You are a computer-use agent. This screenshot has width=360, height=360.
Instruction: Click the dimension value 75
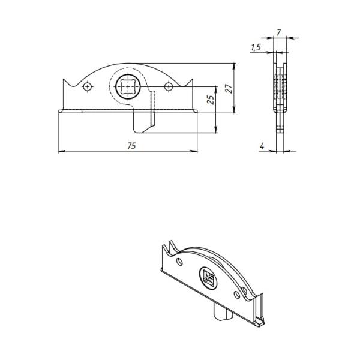pyautogui.click(x=132, y=146)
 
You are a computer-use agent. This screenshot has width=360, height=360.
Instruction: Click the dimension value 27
pyautogui.click(x=229, y=88)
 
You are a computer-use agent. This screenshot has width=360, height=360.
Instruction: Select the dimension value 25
pyautogui.click(x=211, y=99)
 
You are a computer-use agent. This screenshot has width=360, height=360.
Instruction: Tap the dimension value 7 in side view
pyautogui.click(x=278, y=33)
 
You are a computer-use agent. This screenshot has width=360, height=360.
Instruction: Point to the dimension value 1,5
pyautogui.click(x=256, y=47)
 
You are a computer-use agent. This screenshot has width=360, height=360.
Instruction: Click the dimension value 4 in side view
pyautogui.click(x=262, y=146)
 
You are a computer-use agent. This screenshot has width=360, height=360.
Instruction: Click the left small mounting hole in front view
pyautogui.click(x=87, y=87)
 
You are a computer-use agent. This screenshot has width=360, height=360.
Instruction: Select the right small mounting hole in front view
pyautogui.click(x=169, y=86)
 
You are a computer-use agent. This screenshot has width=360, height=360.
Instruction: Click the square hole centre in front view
pyautogui.click(x=128, y=87)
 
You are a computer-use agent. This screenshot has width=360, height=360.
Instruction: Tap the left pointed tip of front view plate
pyautogui.click(x=64, y=79)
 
